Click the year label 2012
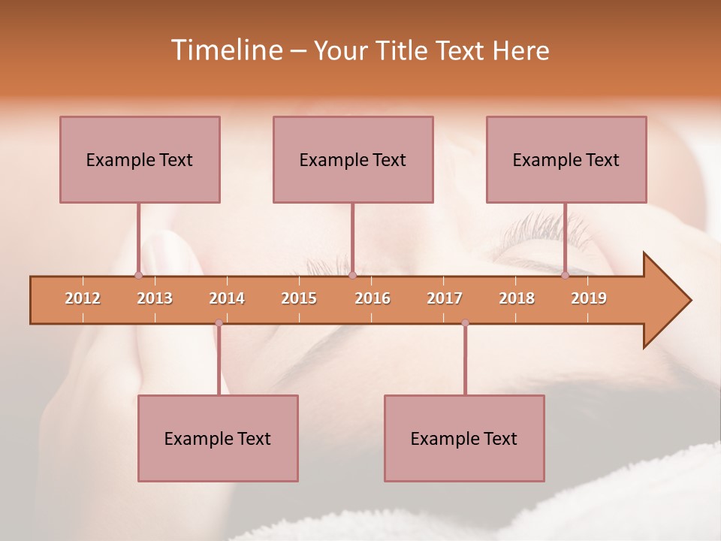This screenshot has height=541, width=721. (x=83, y=298)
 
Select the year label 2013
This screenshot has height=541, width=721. (x=155, y=298)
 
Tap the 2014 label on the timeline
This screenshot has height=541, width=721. (x=227, y=298)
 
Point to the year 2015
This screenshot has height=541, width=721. (x=299, y=298)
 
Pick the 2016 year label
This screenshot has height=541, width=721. (x=373, y=298)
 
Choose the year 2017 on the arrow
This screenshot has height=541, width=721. (x=445, y=298)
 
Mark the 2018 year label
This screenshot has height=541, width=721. (x=517, y=298)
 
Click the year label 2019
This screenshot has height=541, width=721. (x=589, y=298)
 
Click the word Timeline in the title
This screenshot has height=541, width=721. (x=226, y=50)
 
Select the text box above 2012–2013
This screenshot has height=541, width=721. (x=140, y=159)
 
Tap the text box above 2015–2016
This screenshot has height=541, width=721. (x=353, y=159)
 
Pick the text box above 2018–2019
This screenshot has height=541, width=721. (x=566, y=159)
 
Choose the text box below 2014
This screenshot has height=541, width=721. (x=218, y=438)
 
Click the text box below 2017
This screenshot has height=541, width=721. (x=464, y=438)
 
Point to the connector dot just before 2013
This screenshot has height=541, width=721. (x=138, y=275)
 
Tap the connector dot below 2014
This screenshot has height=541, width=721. (x=219, y=323)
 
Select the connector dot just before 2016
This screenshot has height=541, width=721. (x=352, y=275)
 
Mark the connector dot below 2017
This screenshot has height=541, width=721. (x=465, y=323)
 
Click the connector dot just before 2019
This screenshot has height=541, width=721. (x=565, y=275)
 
